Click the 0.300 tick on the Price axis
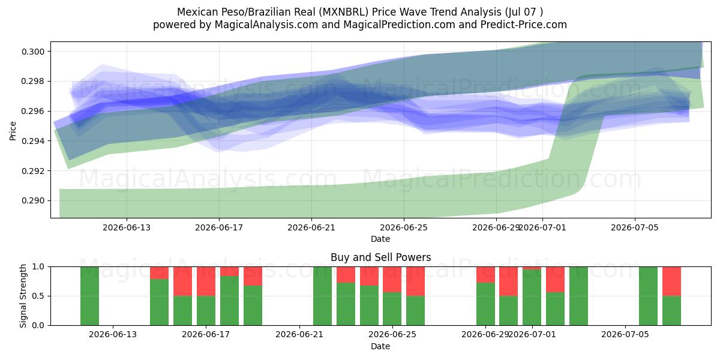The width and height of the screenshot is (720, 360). pyautogui.click(x=34, y=52)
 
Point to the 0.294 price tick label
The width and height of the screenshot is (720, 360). pyautogui.click(x=34, y=141)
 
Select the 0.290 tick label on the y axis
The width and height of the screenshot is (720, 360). pyautogui.click(x=34, y=200)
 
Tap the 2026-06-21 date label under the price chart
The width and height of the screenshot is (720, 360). pyautogui.click(x=311, y=227)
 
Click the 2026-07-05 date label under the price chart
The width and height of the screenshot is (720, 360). pyautogui.click(x=635, y=227)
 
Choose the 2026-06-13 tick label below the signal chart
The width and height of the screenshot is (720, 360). pyautogui.click(x=113, y=335)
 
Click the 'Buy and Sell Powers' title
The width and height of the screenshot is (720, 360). pyautogui.click(x=380, y=257)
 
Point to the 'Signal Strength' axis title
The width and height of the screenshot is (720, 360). pyautogui.click(x=23, y=296)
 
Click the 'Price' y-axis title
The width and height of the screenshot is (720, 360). pyautogui.click(x=13, y=131)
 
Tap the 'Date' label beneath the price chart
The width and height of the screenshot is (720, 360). pyautogui.click(x=380, y=239)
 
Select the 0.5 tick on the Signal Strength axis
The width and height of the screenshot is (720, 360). pyautogui.click(x=38, y=296)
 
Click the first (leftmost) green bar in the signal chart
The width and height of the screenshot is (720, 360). pyautogui.click(x=89, y=296)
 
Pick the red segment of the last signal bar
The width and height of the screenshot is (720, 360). pyautogui.click(x=671, y=281)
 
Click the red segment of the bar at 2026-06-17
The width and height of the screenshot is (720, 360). pyautogui.click(x=206, y=281)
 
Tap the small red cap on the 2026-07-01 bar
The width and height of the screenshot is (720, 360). pyautogui.click(x=532, y=268)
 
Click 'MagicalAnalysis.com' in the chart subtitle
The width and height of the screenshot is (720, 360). pyautogui.click(x=266, y=25)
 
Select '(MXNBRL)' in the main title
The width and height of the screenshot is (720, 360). pyautogui.click(x=344, y=12)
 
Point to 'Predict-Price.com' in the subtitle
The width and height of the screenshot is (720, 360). pyautogui.click(x=524, y=25)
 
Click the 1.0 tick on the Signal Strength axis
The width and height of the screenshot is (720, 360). pyautogui.click(x=38, y=266)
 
